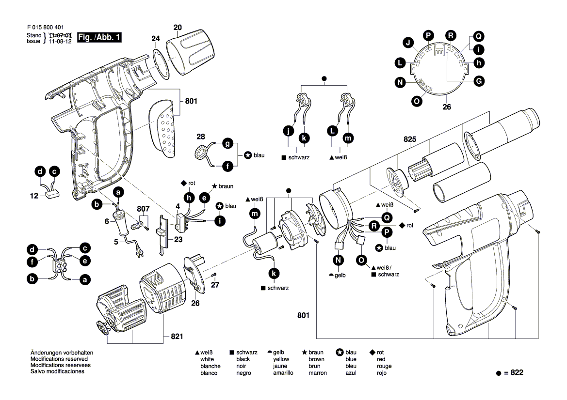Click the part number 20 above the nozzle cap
(x=178, y=28)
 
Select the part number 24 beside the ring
(x=155, y=38)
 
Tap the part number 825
(x=410, y=139)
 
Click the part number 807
(x=143, y=209)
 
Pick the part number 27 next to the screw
(x=215, y=285)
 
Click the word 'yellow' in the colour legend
(x=281, y=359)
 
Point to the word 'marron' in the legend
(x=317, y=373)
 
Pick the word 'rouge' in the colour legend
(x=384, y=366)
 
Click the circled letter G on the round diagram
(x=479, y=81)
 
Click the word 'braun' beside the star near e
(x=226, y=186)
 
